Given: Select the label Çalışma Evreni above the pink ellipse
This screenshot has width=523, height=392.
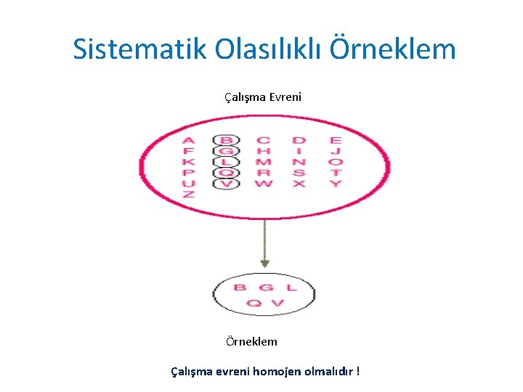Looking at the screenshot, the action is (x=263, y=97).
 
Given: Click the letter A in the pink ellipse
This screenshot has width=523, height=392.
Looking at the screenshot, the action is (x=188, y=140).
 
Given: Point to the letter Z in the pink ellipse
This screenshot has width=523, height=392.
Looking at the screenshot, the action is (x=188, y=195).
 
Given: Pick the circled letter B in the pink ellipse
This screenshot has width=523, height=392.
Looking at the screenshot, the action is (x=227, y=140).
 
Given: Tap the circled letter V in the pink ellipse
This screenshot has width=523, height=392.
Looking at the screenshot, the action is (x=227, y=184).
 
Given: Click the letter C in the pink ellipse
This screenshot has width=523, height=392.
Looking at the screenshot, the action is (x=263, y=140).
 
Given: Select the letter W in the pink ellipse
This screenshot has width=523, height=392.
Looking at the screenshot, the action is (x=263, y=184).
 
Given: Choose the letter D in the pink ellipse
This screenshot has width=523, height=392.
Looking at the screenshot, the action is (x=299, y=140).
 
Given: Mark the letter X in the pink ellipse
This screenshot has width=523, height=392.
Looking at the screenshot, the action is (x=299, y=184).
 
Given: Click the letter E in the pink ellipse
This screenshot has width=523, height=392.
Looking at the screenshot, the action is (x=335, y=140).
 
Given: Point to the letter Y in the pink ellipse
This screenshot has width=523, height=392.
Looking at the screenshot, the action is (x=335, y=184).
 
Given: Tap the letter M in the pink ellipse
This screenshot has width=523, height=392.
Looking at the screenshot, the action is (x=263, y=162).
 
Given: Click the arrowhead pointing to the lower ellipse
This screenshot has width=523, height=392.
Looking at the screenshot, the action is (x=265, y=263).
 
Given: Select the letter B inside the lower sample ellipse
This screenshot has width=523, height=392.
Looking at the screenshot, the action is (x=239, y=288).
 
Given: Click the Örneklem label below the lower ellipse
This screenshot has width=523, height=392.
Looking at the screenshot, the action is (x=251, y=341).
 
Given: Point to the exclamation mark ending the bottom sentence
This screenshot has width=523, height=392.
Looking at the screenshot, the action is (x=358, y=371).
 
